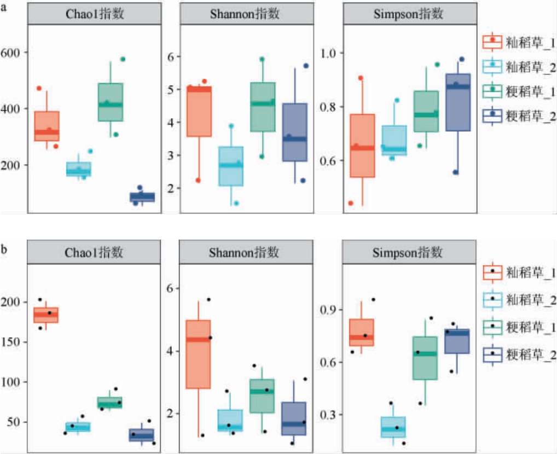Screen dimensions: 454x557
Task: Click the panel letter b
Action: [4, 249]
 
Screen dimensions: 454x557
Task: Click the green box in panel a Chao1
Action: [111, 102]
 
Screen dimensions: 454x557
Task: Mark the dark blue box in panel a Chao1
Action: [142, 197]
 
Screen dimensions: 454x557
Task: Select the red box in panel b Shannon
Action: [198, 354]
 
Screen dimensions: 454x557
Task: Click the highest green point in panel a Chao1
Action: [123, 59]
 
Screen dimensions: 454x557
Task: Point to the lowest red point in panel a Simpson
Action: [350, 203]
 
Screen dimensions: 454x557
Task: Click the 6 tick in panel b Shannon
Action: [169, 288]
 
